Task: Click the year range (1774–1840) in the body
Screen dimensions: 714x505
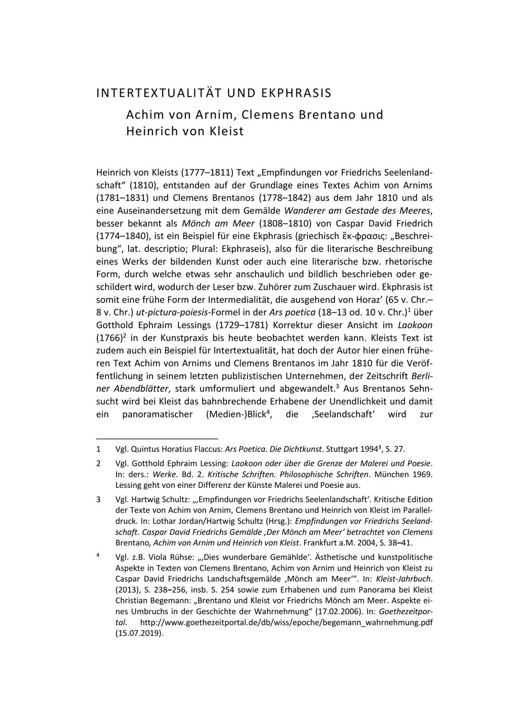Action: click(123, 236)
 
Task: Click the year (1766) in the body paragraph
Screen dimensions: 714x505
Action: click(110, 338)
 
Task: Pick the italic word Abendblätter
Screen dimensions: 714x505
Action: click(136, 389)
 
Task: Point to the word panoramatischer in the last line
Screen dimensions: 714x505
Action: click(158, 415)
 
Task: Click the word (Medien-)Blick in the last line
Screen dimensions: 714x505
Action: click(237, 415)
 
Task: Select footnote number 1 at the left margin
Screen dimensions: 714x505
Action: click(98, 449)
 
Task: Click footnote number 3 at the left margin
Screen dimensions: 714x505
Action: click(98, 500)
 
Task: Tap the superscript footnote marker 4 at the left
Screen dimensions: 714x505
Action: click(98, 556)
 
